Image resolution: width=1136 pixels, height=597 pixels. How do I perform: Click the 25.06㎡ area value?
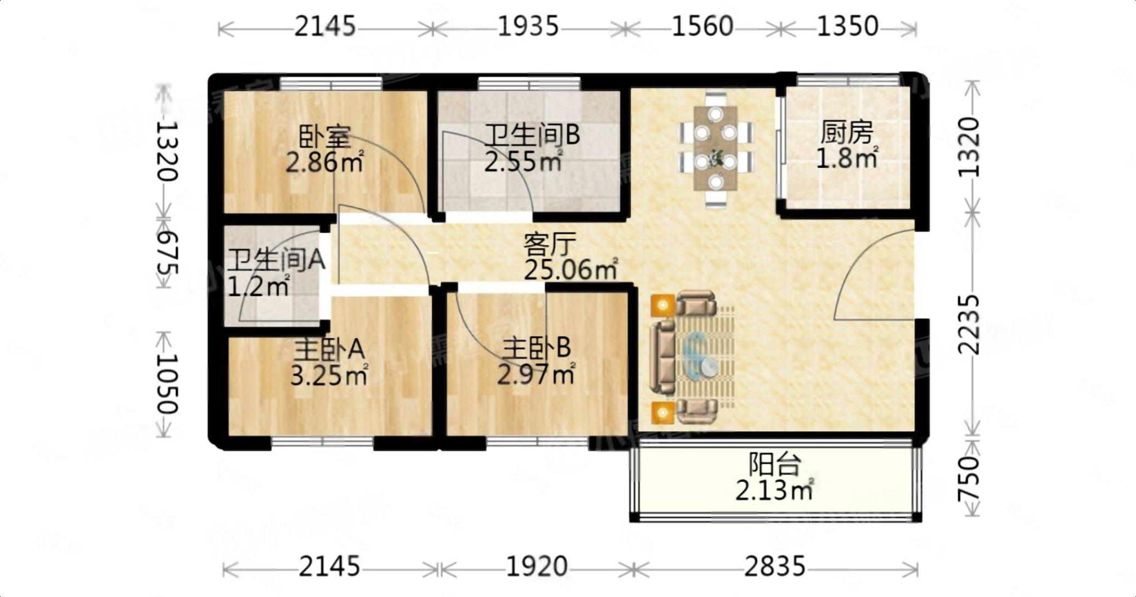click(x=571, y=269)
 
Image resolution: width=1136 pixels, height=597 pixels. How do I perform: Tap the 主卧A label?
click(x=329, y=348)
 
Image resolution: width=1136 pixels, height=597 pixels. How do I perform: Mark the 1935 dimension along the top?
click(x=528, y=26)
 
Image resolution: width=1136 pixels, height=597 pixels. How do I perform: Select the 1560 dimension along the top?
click(x=702, y=26)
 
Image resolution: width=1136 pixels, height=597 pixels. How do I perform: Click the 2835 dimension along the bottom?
click(x=775, y=566)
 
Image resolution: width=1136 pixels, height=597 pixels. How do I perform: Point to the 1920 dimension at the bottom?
click(x=537, y=566)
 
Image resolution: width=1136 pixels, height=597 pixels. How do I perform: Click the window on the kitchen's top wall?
click(x=848, y=81)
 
